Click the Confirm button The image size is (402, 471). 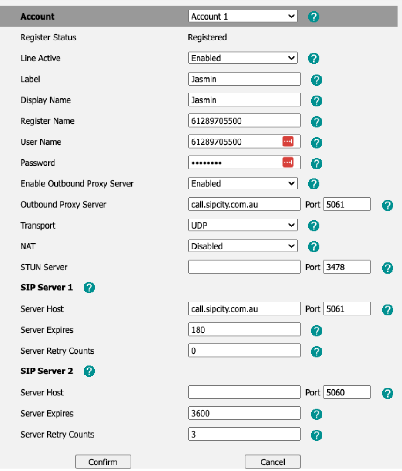click(103, 462)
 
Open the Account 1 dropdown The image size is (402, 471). click(243, 17)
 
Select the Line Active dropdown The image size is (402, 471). click(243, 58)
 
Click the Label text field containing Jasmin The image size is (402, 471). click(244, 79)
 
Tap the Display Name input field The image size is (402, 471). click(244, 100)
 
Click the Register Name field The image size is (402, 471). click(244, 121)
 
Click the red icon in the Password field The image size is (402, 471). click(288, 163)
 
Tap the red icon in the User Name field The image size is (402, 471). click(288, 142)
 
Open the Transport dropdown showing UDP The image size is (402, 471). click(243, 226)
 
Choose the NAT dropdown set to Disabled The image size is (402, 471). click(243, 246)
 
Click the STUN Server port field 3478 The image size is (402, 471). click(347, 267)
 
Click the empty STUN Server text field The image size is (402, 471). click(244, 267)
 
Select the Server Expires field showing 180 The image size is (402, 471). click(244, 330)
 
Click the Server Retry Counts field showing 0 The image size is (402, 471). click(244, 351)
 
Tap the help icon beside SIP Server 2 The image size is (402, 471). click(89, 371)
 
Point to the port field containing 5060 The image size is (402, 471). click(347, 392)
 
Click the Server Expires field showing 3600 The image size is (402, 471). click(244, 413)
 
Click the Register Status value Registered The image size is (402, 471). click(207, 37)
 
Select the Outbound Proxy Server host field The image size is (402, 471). click(244, 204)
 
